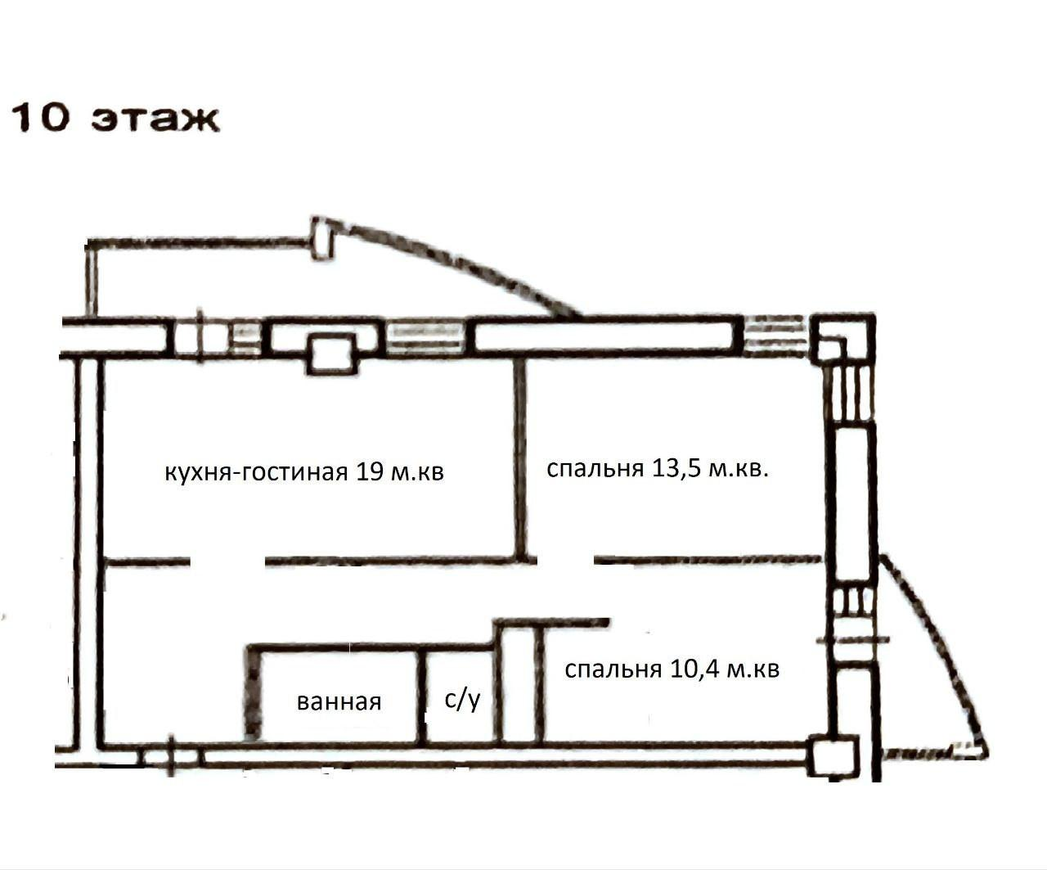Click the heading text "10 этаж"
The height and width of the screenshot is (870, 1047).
[x=115, y=119]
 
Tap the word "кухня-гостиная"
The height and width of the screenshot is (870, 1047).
[x=256, y=471]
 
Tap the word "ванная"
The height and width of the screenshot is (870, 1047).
[x=339, y=701]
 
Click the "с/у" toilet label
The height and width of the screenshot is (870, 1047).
[x=462, y=699]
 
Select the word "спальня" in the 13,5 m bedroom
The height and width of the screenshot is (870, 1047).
[x=595, y=469]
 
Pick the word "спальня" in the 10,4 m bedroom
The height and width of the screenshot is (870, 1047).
[x=613, y=669]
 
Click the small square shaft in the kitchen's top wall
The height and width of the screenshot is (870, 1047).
[x=331, y=354]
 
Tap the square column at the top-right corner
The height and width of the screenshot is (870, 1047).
[x=843, y=338]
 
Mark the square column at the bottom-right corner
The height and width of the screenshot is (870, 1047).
[x=833, y=755]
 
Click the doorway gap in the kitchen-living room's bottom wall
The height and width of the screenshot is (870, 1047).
[x=227, y=561]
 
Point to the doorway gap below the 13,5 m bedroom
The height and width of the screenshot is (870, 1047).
[x=565, y=560]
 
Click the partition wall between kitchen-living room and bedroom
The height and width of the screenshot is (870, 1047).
[x=521, y=458]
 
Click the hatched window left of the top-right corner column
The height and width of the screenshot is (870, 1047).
[x=777, y=336]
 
